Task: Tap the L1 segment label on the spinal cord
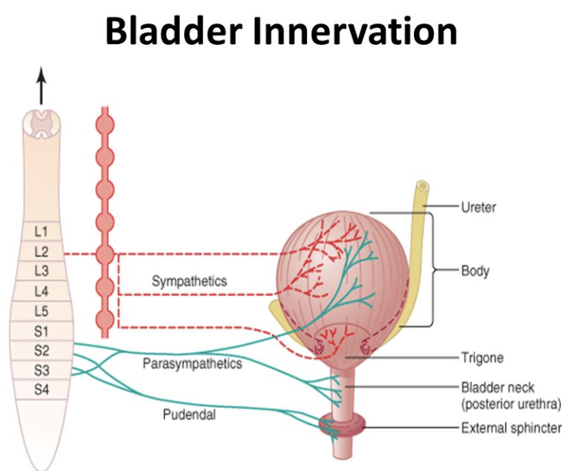tap(42, 230)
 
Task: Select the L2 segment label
tap(42, 250)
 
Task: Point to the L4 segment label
tap(42, 291)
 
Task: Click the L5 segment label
tap(42, 311)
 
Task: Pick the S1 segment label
tap(42, 331)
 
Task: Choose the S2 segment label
tap(42, 351)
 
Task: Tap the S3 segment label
tap(42, 371)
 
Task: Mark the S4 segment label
tap(42, 390)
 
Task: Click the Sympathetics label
tap(190, 281)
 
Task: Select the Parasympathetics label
tap(193, 364)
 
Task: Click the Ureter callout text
tap(478, 206)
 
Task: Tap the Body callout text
tap(475, 270)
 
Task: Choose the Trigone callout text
tap(482, 356)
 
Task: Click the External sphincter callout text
tap(511, 429)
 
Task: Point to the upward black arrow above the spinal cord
tap(41, 85)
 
